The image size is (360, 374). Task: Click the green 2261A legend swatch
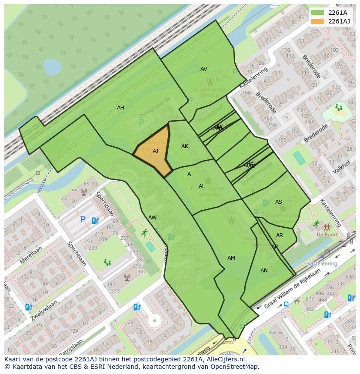coord(317,12)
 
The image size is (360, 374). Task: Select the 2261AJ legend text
coord(339,21)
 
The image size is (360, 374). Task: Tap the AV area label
coord(203,69)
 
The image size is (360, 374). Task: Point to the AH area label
coord(120,108)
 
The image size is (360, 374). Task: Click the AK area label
coord(185,146)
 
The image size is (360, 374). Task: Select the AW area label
coord(152,218)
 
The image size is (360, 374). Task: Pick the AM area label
coord(231,258)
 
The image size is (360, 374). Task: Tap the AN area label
coord(264,271)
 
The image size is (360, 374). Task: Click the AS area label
coord(278,202)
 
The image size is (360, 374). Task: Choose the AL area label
coord(202,186)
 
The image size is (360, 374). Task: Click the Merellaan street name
coord(31,255)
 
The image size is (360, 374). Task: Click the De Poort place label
coord(327,235)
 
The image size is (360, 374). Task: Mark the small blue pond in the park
coord(52,67)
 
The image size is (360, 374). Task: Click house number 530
coord(350,277)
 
